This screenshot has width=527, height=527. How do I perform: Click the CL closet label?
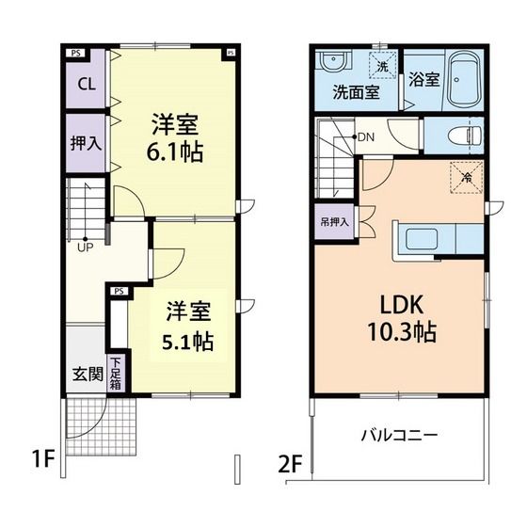pyautogui.click(x=86, y=84)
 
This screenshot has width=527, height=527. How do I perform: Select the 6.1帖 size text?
pyautogui.click(x=178, y=151)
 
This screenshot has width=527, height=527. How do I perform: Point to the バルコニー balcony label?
pyautogui.click(x=400, y=436)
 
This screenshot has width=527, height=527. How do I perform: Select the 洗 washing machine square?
pyautogui.click(x=383, y=67)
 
